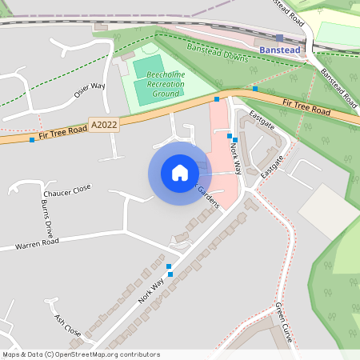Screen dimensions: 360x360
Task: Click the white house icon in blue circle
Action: pos(180,173)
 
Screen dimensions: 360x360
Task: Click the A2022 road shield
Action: pos(104,125)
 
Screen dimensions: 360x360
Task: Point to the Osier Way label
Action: pos(89,90)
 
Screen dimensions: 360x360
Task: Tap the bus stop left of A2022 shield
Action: pos(32,140)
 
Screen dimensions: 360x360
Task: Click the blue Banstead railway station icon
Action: pos(278,37)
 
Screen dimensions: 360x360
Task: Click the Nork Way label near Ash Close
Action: pos(150,289)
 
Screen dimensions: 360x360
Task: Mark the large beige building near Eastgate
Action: pos(329,210)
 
